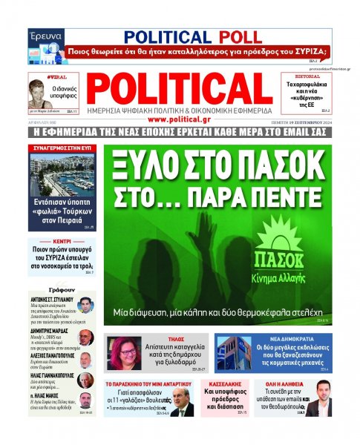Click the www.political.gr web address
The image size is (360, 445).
pos(180,119)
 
